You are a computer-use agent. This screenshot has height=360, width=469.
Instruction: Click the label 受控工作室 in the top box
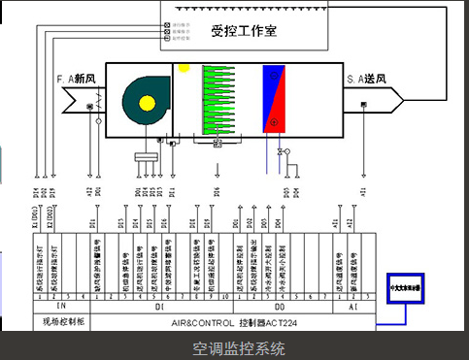[244, 30]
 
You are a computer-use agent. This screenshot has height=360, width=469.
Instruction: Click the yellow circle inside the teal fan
[147, 102]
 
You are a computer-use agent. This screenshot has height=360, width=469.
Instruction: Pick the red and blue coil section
[276, 103]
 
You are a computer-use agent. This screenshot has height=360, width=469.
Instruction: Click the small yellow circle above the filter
[182, 69]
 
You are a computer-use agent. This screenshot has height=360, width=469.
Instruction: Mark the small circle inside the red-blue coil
[275, 121]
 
